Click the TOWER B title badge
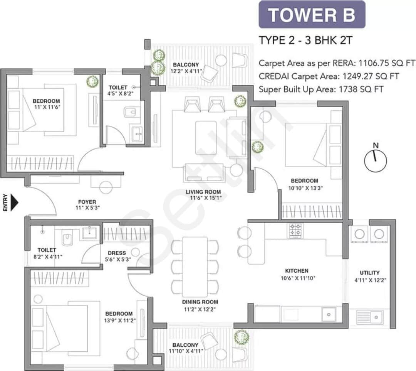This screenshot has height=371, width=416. coord(312,14)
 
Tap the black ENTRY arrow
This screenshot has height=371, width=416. coord(14,203)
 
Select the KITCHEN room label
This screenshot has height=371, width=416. coord(297,271)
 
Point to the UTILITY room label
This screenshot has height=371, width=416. coord(369,273)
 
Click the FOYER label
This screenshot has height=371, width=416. coord(87,202)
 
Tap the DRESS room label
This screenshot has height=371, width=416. coord(117,253)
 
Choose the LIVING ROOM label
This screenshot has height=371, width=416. coord(203,192)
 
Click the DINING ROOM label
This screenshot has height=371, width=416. coord(200,302)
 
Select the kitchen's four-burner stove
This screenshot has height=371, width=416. coord(296,230)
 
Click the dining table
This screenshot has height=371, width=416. coord(195,267)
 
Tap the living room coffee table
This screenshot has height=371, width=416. coord(206,138)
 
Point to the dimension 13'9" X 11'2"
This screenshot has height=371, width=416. coord(120,320)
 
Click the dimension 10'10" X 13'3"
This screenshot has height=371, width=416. coord(305,188)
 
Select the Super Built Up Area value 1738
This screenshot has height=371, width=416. coord(348,89)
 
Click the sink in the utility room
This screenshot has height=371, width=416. coord(369,317)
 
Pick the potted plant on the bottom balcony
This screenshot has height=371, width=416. coord(242,337)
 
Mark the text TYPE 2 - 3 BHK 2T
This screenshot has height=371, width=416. coord(305,40)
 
